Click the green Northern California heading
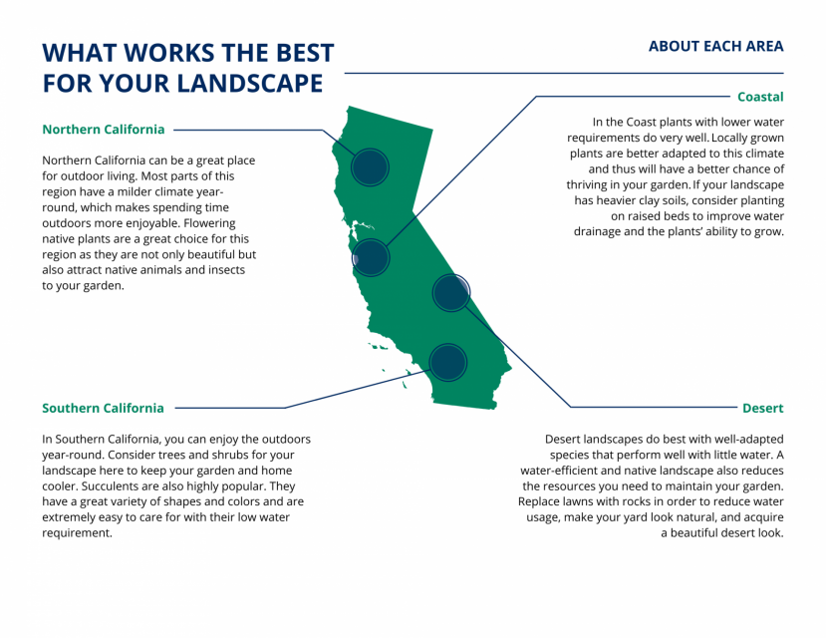pyautogui.click(x=104, y=130)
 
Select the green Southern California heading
pyautogui.click(x=103, y=408)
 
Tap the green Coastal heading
pyautogui.click(x=760, y=97)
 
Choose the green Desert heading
pyautogui.click(x=762, y=408)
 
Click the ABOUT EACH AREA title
pyautogui.click(x=715, y=46)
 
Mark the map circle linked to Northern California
pyautogui.click(x=370, y=166)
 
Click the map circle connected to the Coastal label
pyautogui.click(x=370, y=257)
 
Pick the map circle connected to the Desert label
pyautogui.click(x=450, y=292)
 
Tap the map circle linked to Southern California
pyautogui.click(x=447, y=362)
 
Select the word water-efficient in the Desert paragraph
pyautogui.click(x=564, y=470)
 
